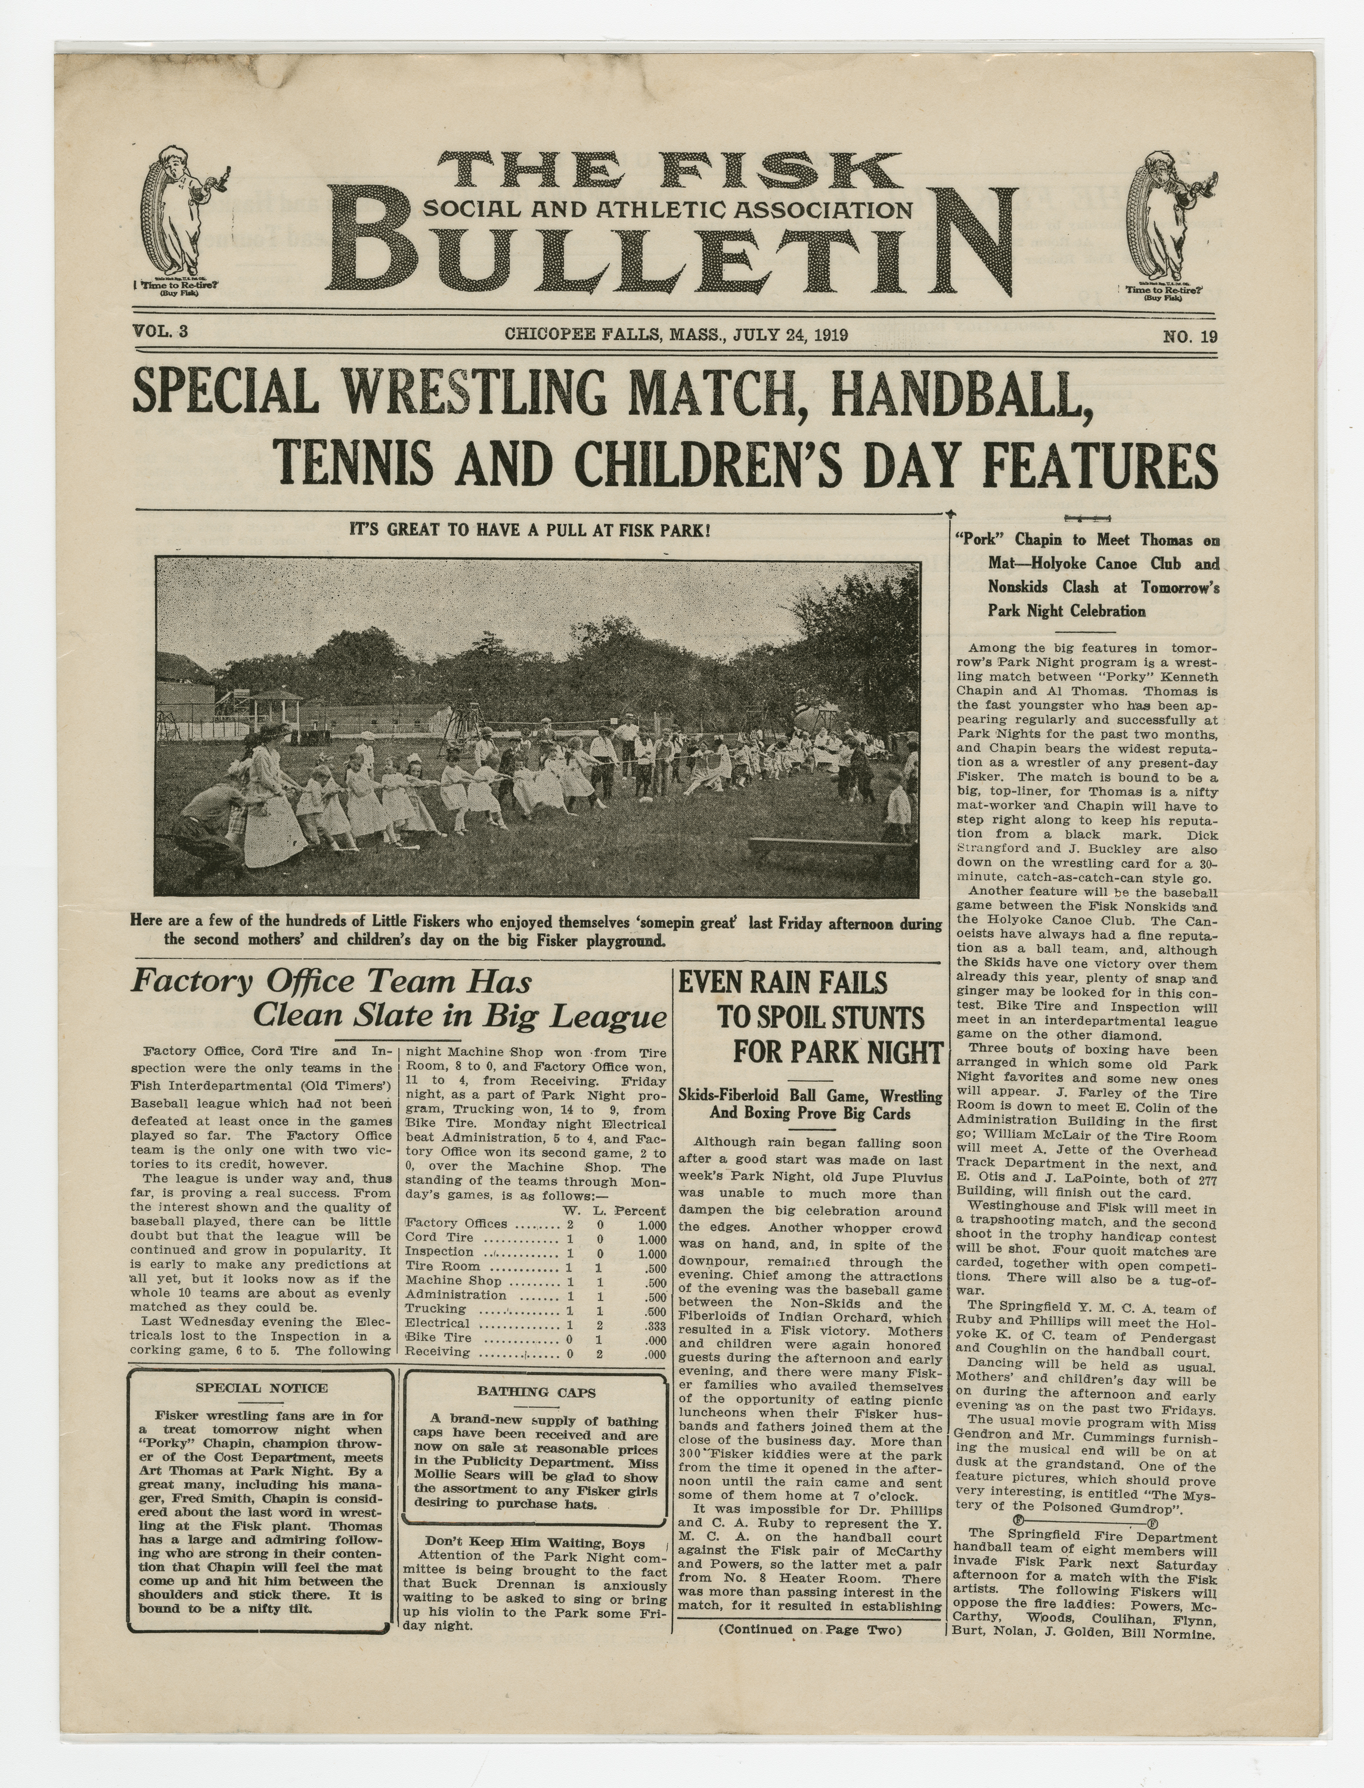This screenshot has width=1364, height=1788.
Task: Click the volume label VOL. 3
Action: pyautogui.click(x=160, y=331)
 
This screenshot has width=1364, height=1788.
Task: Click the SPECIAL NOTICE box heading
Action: pyautogui.click(x=262, y=1388)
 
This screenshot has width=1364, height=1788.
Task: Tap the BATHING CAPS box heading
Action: pyautogui.click(x=536, y=1392)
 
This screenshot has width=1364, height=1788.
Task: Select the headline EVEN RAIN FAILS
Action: pyautogui.click(x=783, y=983)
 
